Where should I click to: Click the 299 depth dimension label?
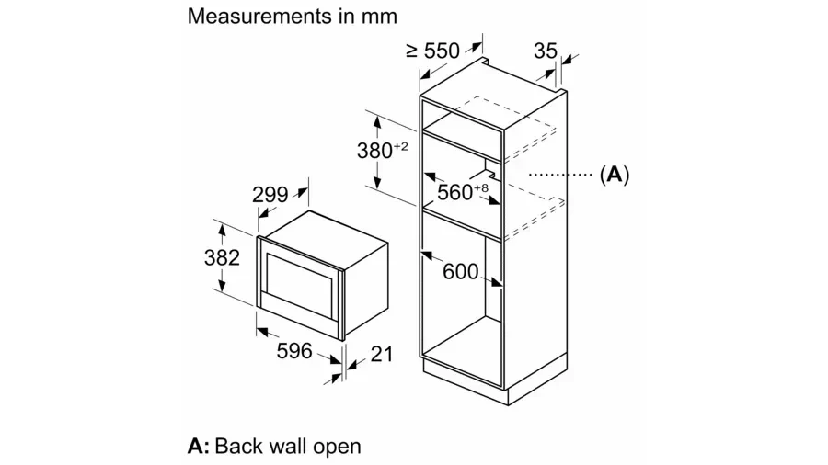[270, 195]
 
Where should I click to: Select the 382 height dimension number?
[221, 257]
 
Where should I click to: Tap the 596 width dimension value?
[294, 351]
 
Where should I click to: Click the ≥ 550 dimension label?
[432, 51]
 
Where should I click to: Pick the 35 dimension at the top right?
[546, 51]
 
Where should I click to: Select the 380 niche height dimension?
[374, 151]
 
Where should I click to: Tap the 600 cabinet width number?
[460, 271]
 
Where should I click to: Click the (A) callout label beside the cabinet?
[614, 175]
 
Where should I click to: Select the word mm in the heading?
[382, 17]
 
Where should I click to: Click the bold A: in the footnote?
[199, 447]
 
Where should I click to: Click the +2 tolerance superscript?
[400, 145]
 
